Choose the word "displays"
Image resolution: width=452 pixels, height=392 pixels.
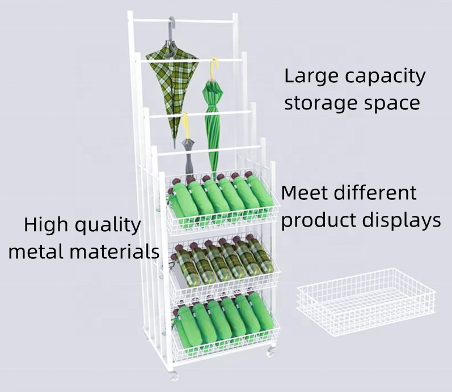(x=402, y=220)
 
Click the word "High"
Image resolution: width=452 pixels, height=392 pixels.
(x=45, y=225)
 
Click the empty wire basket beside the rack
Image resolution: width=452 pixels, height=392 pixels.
(x=366, y=301)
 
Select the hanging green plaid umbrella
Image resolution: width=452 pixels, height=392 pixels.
(x=171, y=85)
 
